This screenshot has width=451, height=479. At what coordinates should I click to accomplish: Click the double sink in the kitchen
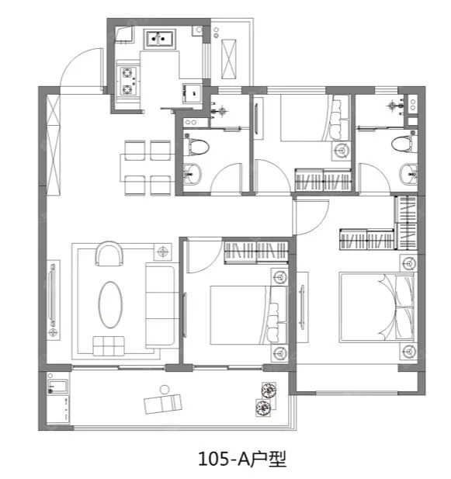point(160,39)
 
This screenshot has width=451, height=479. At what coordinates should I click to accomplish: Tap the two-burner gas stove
point(127,81)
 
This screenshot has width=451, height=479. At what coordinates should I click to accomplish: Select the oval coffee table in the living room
point(110,304)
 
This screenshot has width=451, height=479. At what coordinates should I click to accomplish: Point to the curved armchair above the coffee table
point(109,254)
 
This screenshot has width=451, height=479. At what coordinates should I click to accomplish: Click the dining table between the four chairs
point(147,168)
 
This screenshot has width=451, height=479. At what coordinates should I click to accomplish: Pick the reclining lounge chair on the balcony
point(163,403)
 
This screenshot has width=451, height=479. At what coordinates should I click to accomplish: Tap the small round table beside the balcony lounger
point(165,389)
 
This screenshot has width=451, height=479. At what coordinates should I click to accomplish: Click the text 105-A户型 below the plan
point(242,459)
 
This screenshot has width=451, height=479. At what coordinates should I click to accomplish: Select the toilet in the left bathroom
point(196,147)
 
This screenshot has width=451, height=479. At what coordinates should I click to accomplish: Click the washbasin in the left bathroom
point(192,174)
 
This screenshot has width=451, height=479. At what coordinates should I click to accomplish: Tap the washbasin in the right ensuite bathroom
point(409,174)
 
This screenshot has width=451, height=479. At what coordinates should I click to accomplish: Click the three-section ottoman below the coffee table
point(109,346)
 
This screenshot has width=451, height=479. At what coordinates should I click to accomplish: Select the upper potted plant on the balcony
point(269,390)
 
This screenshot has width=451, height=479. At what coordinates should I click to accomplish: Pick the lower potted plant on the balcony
point(263,408)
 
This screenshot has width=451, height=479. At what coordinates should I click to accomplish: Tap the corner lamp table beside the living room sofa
point(163,252)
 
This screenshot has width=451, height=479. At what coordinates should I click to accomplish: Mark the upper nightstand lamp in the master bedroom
point(408,263)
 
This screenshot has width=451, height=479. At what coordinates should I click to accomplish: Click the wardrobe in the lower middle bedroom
point(256,252)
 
